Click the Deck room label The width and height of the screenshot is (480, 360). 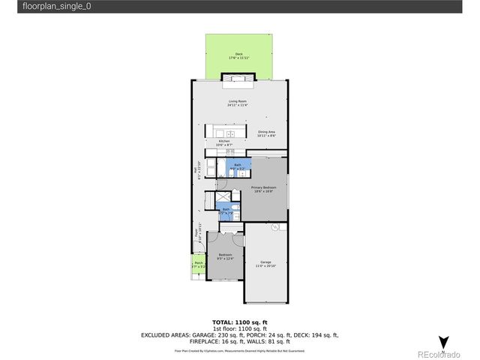click(239, 53)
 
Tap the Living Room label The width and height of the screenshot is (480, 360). click(238, 101)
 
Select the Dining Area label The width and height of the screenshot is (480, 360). click(267, 131)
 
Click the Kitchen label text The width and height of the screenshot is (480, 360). click(223, 140)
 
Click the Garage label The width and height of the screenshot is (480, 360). click(265, 262)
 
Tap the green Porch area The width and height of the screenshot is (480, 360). click(199, 265)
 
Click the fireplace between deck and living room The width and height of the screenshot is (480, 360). click(238, 78)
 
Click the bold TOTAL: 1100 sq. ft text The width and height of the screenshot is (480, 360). click(239, 322)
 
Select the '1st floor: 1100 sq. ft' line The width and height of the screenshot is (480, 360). click(239, 328)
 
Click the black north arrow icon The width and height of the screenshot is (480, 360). click(443, 342)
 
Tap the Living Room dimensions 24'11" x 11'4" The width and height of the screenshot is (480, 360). click(238, 106)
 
